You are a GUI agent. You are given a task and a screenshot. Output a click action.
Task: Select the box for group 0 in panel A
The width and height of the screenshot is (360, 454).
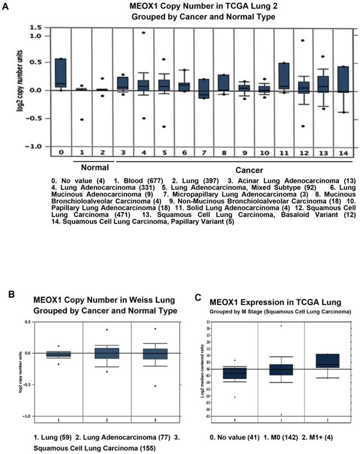click(x=59, y=73)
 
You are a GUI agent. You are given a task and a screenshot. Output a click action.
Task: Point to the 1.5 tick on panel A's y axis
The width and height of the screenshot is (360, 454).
click(x=35, y=27)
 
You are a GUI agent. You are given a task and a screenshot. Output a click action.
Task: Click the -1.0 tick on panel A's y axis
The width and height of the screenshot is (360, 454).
click(x=34, y=146)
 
